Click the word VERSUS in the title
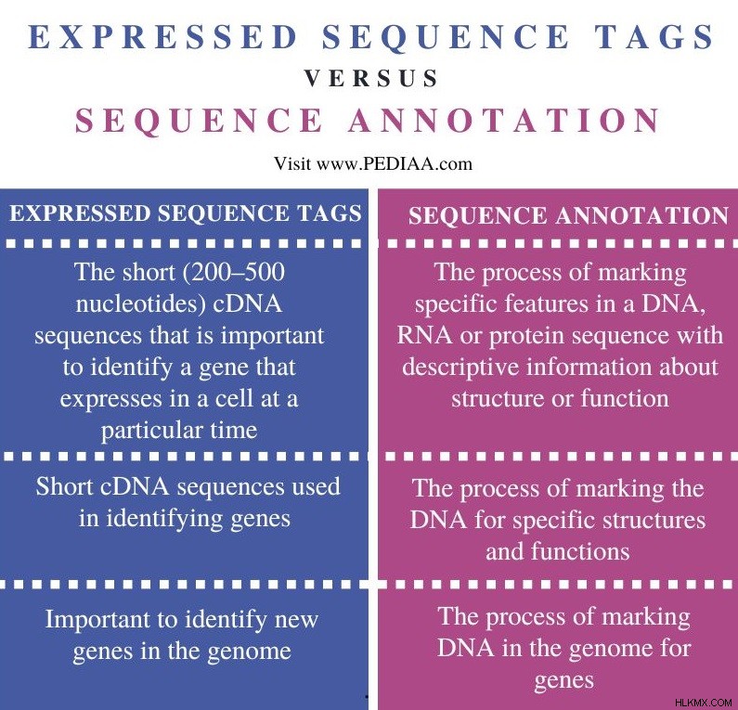click(371, 78)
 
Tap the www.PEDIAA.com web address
click(395, 163)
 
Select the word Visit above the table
click(292, 163)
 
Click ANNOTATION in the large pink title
click(504, 120)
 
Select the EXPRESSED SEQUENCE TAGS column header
click(186, 213)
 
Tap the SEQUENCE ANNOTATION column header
click(568, 215)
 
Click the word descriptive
click(460, 368)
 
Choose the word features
click(547, 303)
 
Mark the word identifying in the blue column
click(164, 519)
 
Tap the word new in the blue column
click(296, 620)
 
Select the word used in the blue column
click(316, 486)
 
